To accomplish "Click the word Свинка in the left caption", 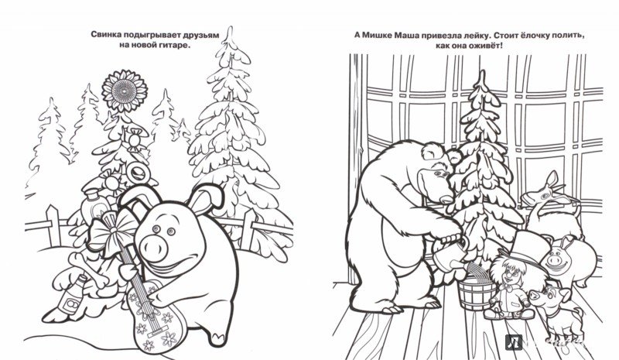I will click(x=111, y=36).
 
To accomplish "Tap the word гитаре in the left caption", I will click(x=171, y=47).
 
